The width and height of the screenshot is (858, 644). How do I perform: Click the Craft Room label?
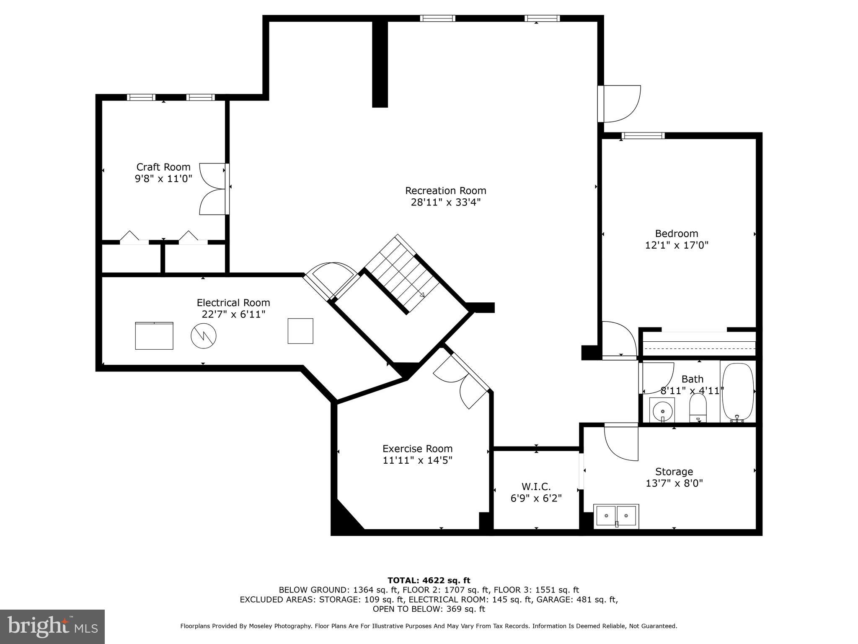click(163, 167)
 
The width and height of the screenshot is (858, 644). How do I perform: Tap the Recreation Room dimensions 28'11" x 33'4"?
click(445, 202)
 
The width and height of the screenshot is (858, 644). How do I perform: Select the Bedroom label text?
click(676, 234)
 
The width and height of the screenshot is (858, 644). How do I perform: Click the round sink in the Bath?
click(662, 409)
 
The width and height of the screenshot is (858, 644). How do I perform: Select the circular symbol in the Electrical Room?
click(204, 335)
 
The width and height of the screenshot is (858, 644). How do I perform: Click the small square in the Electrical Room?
click(300, 331)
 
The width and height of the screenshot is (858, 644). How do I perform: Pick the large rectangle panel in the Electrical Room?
click(154, 335)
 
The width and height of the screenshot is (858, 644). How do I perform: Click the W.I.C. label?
click(536, 486)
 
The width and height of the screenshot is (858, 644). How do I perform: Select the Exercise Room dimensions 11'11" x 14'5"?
click(417, 460)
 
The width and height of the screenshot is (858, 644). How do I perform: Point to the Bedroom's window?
click(643, 135)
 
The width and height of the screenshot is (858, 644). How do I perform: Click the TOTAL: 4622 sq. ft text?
click(429, 580)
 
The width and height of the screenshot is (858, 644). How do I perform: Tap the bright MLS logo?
click(52, 626)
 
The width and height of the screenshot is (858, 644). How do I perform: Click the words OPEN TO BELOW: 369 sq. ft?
click(429, 609)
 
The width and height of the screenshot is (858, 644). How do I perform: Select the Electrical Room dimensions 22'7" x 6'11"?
click(233, 314)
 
